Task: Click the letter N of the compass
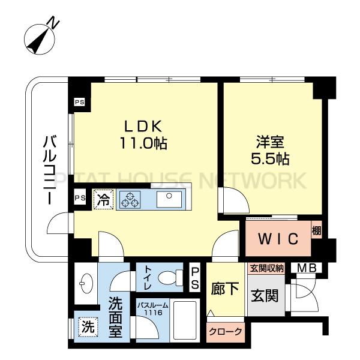tap(54, 22)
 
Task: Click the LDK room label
tap(143, 126)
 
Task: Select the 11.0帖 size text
tap(143, 143)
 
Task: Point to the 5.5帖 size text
tap(270, 158)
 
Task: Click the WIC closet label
tap(278, 239)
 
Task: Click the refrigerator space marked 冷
tap(103, 200)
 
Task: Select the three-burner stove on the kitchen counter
tap(130, 200)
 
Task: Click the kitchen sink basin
tap(169, 199)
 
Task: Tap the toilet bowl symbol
tap(170, 278)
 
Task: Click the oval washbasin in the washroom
tap(86, 283)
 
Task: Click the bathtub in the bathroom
tap(185, 320)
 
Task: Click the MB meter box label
tap(307, 268)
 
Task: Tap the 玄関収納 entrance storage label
tap(267, 268)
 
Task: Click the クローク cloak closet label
tap(226, 332)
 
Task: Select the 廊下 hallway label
tap(225, 289)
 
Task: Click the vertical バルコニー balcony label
tap(50, 170)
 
